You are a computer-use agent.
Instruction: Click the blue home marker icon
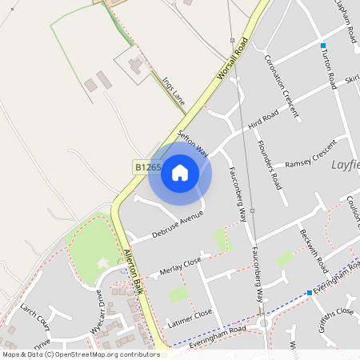coord(180,172)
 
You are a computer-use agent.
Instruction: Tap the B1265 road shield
coord(147,167)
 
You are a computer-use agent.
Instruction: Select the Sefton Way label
coord(193,143)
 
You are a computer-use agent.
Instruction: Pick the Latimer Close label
coord(190,318)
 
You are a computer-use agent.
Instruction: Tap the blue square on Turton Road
coord(323,46)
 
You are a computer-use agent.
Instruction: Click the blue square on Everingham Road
coord(310,293)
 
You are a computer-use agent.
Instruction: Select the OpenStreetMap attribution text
coord(81,354)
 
